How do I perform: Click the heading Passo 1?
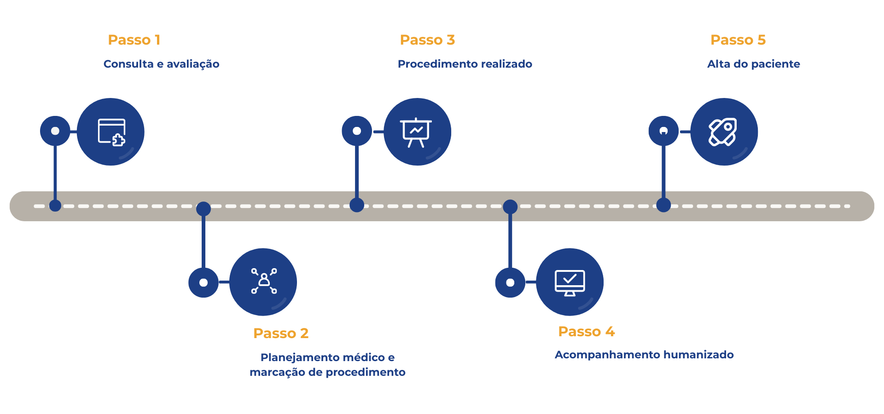pyautogui.click(x=134, y=40)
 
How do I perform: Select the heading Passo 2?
pyautogui.click(x=280, y=333)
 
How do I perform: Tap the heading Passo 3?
pyautogui.click(x=427, y=40)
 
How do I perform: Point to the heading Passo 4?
pyautogui.click(x=586, y=331)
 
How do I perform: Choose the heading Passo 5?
pyautogui.click(x=738, y=40)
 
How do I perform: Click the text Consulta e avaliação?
pyautogui.click(x=161, y=64)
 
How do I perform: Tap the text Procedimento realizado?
pyautogui.click(x=465, y=64)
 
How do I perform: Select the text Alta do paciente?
pyautogui.click(x=753, y=64)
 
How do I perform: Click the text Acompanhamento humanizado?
pyautogui.click(x=644, y=355)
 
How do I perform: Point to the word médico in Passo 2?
pyautogui.click(x=363, y=357)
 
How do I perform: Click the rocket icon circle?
pyautogui.click(x=724, y=132)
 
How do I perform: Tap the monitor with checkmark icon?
pyautogui.click(x=570, y=282)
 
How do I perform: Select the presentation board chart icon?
pyautogui.click(x=417, y=132)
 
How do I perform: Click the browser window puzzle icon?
pyautogui.click(x=111, y=132)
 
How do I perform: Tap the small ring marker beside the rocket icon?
pyautogui.click(x=663, y=131)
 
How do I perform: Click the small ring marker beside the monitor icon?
pyautogui.click(x=510, y=282)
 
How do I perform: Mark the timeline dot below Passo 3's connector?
pyautogui.click(x=357, y=205)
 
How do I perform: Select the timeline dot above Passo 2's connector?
pyautogui.click(x=204, y=209)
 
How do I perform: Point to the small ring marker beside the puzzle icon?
pyautogui.click(x=55, y=131)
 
